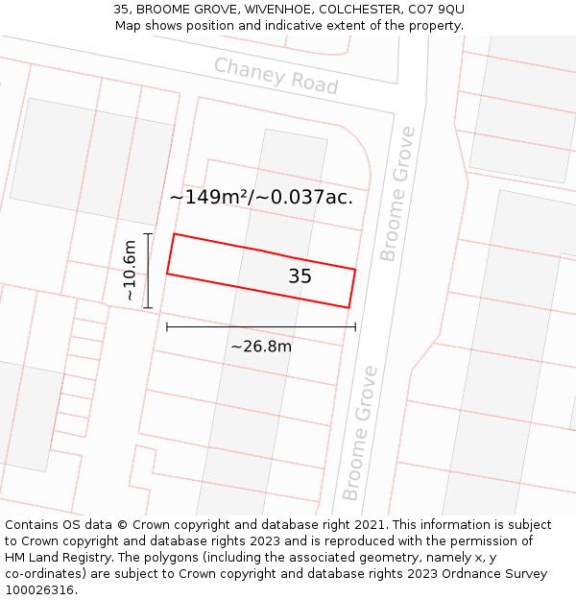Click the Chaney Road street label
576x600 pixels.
(276, 76)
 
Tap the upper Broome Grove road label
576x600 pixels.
(398, 193)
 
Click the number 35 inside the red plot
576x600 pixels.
(300, 276)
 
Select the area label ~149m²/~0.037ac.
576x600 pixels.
(261, 198)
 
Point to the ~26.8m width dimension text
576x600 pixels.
(261, 347)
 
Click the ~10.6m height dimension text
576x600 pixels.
(131, 271)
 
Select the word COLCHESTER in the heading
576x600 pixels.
(350, 10)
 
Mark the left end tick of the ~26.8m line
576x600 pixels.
(167, 327)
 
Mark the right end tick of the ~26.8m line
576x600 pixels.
(355, 327)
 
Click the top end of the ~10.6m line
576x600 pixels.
(148, 233)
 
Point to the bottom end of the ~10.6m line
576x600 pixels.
(148, 308)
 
